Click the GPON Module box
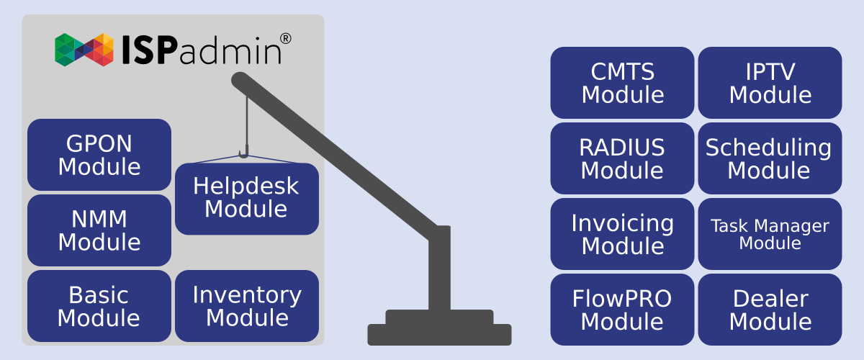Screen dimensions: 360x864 99,155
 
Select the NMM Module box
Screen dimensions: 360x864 99,230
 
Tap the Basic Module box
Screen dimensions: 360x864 99,306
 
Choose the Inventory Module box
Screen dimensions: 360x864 247,306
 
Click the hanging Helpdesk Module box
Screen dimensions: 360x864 247,198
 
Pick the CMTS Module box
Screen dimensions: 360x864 622,83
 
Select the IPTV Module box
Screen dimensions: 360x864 770,83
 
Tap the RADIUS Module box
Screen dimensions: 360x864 622,158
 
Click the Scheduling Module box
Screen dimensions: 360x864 770,158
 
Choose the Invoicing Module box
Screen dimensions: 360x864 622,234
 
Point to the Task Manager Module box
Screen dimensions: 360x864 770,234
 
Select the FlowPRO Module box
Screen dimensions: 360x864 622,310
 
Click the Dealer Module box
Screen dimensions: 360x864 770,310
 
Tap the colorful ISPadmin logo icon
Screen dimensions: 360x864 84,50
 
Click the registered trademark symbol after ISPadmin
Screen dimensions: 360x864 285,38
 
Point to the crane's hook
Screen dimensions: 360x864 244,153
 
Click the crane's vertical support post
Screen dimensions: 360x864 439,270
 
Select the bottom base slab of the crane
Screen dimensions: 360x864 439,335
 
